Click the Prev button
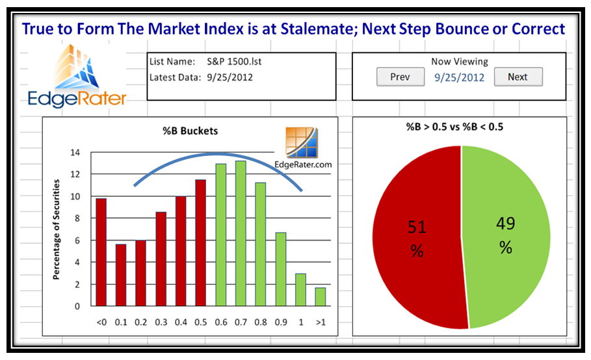(401, 77)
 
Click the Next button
(518, 77)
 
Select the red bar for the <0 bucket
(101, 252)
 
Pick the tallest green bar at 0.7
(241, 233)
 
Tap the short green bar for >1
(321, 297)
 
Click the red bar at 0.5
(201, 243)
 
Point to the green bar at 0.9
(281, 269)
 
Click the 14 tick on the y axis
(75, 153)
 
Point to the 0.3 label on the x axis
(161, 322)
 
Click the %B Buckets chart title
(190, 131)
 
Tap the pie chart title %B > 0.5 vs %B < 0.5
(454, 127)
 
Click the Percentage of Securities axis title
(56, 229)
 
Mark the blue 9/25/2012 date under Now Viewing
(460, 77)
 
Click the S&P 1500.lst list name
(234, 61)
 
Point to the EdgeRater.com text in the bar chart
(303, 164)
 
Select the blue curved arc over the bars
(218, 154)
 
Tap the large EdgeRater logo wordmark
(77, 99)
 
